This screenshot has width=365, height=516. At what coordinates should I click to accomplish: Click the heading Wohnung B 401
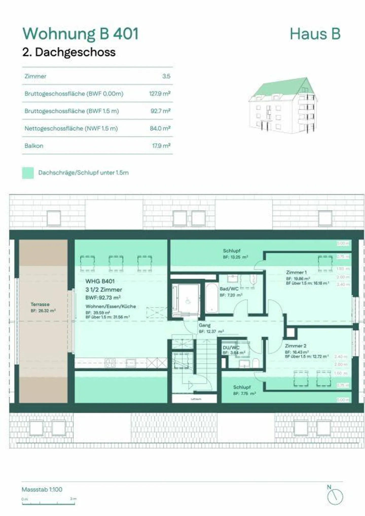[81, 34]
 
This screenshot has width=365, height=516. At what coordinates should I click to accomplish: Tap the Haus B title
[315, 34]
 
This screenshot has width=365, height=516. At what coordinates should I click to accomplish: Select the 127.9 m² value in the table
[160, 94]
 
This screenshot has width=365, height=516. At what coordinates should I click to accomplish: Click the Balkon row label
[34, 146]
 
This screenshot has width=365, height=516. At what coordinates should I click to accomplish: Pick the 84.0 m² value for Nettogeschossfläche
[160, 128]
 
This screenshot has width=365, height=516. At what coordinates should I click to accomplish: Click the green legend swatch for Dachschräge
[28, 173]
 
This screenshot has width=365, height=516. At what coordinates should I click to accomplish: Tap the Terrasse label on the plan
[40, 304]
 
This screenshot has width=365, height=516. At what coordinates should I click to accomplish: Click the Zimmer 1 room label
[296, 273]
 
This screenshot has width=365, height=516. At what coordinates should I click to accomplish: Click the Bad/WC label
[229, 289]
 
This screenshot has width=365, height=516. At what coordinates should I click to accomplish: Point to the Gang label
[205, 325]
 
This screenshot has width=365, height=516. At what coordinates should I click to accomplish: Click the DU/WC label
[231, 348]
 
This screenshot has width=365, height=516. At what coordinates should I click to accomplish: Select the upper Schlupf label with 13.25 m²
[231, 251]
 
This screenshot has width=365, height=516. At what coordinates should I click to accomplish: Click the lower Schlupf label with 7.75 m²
[242, 387]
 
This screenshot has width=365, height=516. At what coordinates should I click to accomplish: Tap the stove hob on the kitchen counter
[110, 363]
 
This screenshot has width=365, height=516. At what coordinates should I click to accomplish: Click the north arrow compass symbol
[335, 497]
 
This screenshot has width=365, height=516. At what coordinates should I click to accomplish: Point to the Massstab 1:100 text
[42, 489]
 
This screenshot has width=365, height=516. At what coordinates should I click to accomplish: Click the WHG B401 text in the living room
[100, 281]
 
